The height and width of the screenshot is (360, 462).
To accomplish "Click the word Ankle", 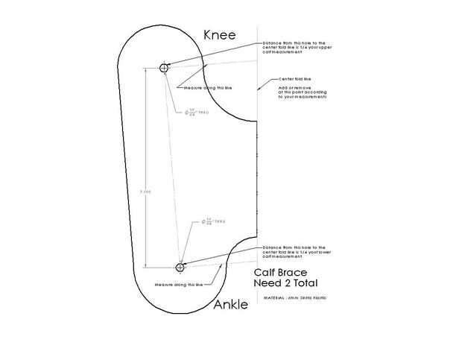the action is pyautogui.click(x=231, y=305).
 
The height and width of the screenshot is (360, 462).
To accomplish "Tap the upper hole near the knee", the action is pyautogui.click(x=165, y=68).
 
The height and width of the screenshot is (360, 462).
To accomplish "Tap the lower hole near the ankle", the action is pyautogui.click(x=180, y=267).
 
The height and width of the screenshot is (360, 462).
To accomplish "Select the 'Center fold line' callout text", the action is pyautogui.click(x=295, y=79).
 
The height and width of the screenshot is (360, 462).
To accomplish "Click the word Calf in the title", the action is pyautogui.click(x=268, y=273).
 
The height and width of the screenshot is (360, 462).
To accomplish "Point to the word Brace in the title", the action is pyautogui.click(x=300, y=273).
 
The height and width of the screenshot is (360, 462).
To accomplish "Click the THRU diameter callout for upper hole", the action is pyautogui.click(x=197, y=113).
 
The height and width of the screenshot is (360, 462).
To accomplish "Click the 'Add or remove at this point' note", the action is pyautogui.click(x=303, y=92).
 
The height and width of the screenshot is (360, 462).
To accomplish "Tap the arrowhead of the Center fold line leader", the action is pyautogui.click(x=259, y=88).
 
